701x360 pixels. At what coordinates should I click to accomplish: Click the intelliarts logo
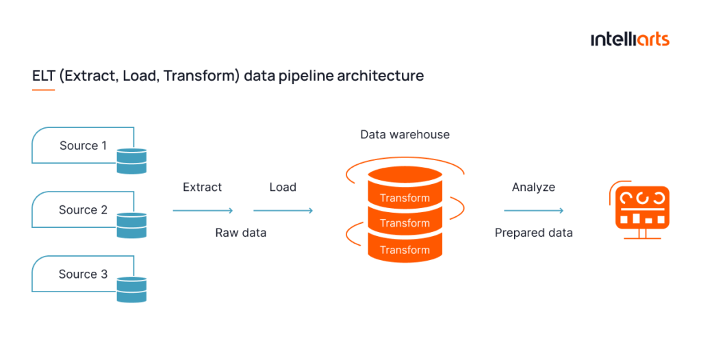tap(630, 39)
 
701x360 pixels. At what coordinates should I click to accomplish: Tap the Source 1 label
tap(83, 145)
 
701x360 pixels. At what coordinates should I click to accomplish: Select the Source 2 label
tap(83, 209)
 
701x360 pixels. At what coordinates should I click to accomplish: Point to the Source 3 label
tap(83, 274)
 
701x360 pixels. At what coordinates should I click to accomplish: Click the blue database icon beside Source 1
tap(131, 160)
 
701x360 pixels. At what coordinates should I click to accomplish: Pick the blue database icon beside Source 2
tap(131, 224)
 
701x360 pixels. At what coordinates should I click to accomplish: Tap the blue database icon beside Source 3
tap(131, 289)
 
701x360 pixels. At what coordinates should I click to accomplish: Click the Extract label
tap(202, 187)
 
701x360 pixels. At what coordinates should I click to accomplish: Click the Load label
tap(283, 187)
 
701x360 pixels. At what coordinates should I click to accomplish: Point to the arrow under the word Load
tap(283, 211)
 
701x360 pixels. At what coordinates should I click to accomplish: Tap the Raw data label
tap(240, 233)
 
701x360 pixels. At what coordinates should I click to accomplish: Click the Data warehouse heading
tap(405, 134)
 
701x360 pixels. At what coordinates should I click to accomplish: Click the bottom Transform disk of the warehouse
tap(405, 249)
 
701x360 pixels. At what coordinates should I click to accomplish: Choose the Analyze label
tap(533, 187)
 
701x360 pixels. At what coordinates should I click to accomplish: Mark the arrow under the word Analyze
tap(533, 211)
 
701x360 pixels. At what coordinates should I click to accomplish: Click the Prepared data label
tap(533, 233)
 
